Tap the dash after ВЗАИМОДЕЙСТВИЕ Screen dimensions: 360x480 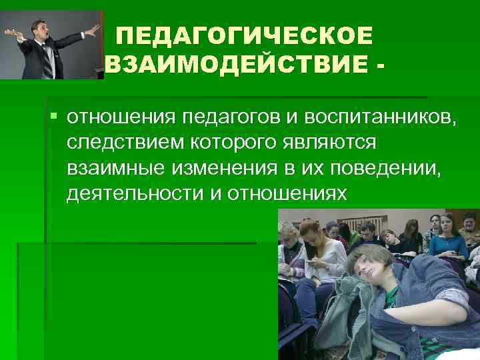pos(380,65)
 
